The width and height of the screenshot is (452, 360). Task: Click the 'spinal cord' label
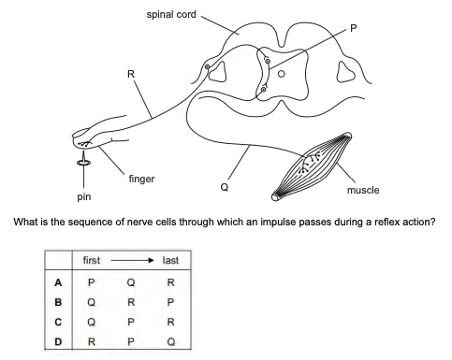pyautogui.click(x=171, y=15)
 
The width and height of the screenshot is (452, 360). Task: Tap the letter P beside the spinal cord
pyautogui.click(x=353, y=28)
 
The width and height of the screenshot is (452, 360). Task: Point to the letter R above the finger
pyautogui.click(x=131, y=74)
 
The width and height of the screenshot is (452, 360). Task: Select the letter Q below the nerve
pyautogui.click(x=225, y=187)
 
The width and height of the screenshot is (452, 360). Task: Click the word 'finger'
pyautogui.click(x=141, y=179)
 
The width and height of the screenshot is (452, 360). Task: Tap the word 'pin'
pyautogui.click(x=84, y=196)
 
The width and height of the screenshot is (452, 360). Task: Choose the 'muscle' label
pyautogui.click(x=363, y=190)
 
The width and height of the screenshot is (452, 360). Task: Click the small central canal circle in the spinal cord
pyautogui.click(x=282, y=74)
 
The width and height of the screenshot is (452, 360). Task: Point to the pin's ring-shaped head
pyautogui.click(x=83, y=162)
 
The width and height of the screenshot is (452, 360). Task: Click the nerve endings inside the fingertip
pyautogui.click(x=84, y=144)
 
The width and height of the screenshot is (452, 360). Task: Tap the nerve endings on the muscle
pyautogui.click(x=310, y=163)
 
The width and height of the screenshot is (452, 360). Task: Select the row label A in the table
pyautogui.click(x=58, y=282)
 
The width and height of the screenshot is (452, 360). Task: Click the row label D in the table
pyautogui.click(x=58, y=342)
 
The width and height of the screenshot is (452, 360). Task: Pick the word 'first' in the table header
pyautogui.click(x=92, y=260)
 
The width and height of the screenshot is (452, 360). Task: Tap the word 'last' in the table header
pyautogui.click(x=170, y=260)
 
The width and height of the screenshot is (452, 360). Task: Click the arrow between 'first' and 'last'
pyautogui.click(x=132, y=260)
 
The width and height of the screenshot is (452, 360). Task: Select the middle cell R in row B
pyautogui.click(x=131, y=302)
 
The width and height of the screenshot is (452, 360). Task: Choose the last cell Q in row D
pyautogui.click(x=170, y=342)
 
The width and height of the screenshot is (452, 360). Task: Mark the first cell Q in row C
pyautogui.click(x=91, y=322)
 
